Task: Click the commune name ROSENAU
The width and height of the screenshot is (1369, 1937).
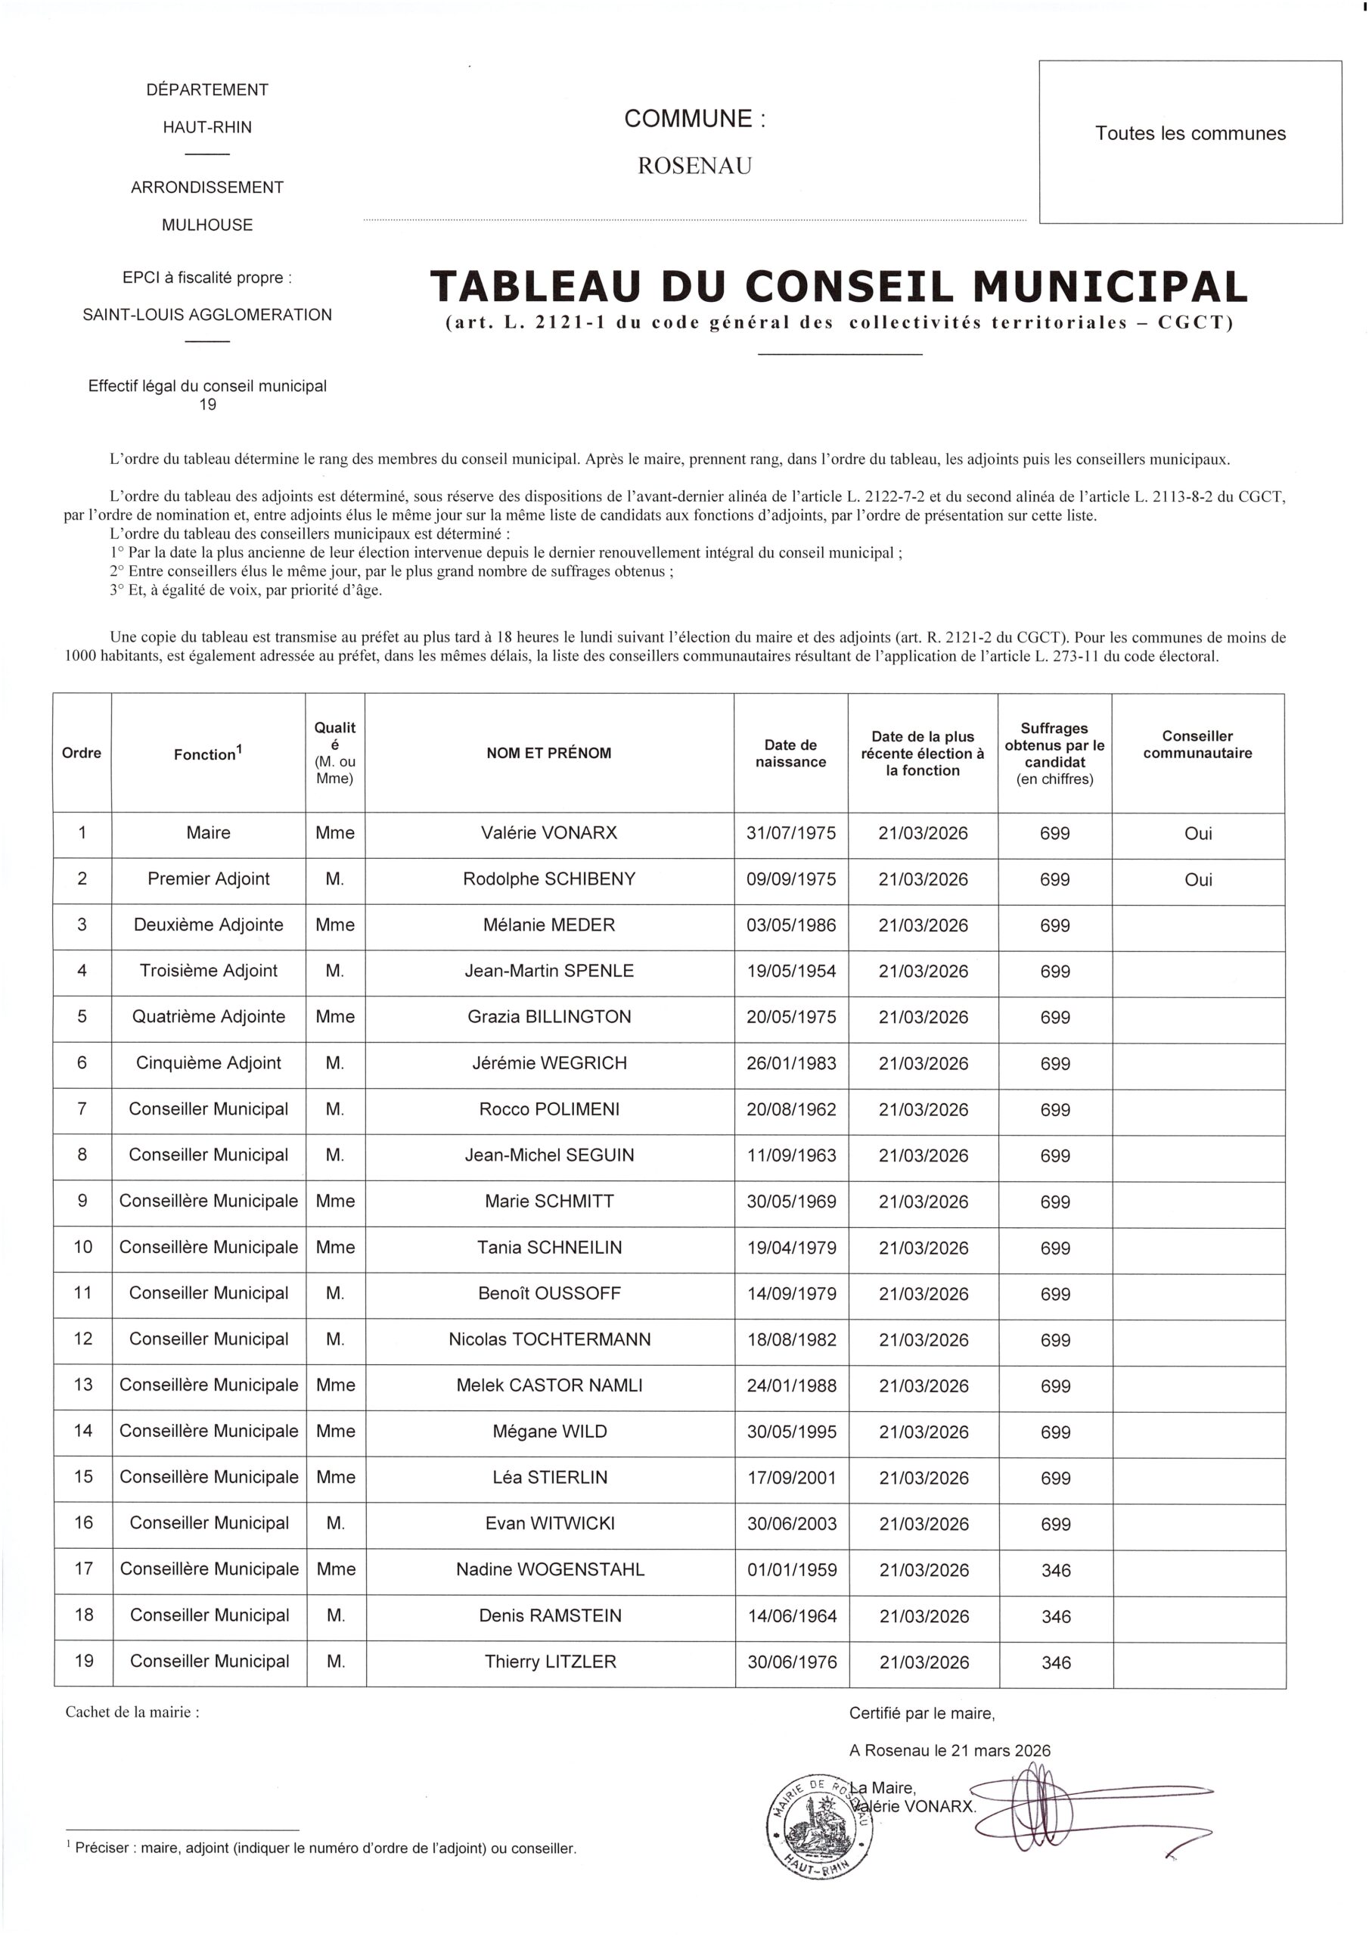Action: click(x=694, y=166)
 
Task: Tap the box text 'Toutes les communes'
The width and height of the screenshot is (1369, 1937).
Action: click(x=1191, y=133)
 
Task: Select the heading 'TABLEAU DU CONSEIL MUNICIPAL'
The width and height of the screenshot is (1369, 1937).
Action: click(x=839, y=287)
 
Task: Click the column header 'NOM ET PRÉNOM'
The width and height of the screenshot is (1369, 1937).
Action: click(x=549, y=754)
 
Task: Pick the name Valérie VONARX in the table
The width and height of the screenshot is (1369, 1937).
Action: click(x=549, y=832)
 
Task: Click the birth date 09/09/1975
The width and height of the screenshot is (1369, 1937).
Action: click(x=791, y=879)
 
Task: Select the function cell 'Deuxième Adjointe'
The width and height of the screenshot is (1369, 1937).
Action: click(x=208, y=925)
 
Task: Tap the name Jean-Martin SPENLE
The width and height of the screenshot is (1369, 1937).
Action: click(x=549, y=971)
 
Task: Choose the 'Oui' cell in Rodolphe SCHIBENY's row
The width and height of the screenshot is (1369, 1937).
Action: click(x=1198, y=879)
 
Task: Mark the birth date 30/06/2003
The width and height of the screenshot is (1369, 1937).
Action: click(x=792, y=1524)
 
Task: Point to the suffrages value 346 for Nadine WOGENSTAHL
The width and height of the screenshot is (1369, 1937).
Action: click(x=1056, y=1570)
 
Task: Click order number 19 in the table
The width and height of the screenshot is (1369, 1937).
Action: click(x=83, y=1661)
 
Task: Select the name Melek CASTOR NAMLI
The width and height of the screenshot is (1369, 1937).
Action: click(x=549, y=1385)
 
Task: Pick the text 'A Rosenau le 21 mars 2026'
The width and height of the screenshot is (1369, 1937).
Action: click(x=950, y=1751)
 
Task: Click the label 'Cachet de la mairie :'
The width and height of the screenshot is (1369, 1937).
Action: click(x=132, y=1712)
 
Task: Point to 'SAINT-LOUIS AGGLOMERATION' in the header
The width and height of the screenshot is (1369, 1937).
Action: click(x=207, y=315)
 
